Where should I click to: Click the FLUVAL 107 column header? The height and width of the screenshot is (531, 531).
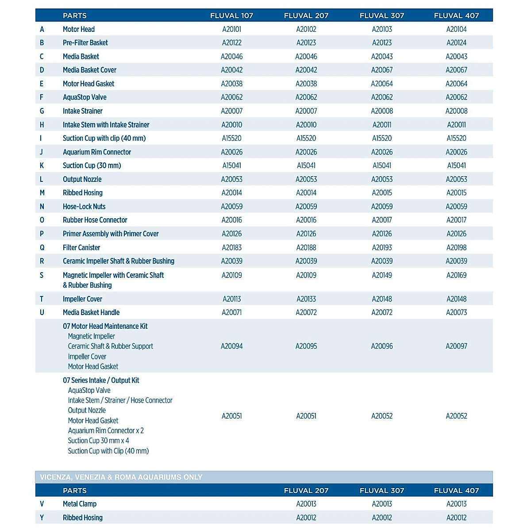[231, 15]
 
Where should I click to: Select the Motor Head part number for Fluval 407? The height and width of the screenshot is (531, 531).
[456, 29]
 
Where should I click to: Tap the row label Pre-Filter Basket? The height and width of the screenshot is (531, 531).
[85, 43]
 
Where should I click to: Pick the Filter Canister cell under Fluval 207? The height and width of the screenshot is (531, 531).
[306, 247]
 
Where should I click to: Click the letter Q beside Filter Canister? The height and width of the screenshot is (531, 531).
[42, 247]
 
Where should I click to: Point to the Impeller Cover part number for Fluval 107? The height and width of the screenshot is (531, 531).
[231, 299]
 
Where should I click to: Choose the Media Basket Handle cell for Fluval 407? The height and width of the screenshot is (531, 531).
[456, 312]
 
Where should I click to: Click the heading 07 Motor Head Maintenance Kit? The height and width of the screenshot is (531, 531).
[105, 326]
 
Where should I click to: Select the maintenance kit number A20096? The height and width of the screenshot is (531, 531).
[381, 346]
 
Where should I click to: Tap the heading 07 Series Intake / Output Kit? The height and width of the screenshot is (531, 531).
[101, 380]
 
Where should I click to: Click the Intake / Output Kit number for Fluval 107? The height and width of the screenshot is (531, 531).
[231, 416]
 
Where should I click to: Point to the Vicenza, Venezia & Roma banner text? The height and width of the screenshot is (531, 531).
[121, 477]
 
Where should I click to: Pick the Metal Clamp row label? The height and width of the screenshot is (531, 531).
[80, 504]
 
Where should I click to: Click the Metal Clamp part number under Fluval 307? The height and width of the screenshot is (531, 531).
[381, 504]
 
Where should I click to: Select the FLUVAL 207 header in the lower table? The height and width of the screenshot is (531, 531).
[306, 490]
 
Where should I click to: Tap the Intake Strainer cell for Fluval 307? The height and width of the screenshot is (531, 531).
[381, 111]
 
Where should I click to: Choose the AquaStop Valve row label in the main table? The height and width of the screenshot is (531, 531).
[85, 97]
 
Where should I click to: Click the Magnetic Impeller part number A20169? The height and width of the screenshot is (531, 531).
[456, 275]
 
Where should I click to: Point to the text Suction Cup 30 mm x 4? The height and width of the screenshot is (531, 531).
[98, 441]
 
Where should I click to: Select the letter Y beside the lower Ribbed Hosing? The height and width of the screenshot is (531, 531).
[42, 518]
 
